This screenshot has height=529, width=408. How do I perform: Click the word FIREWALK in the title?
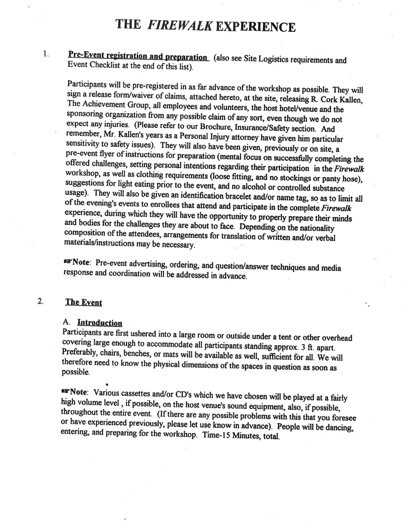pos(179,26)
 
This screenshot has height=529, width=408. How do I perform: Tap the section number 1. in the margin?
pos(47,53)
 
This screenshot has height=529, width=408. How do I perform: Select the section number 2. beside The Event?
pos(40,301)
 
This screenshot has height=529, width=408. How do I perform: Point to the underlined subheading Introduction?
pos(99,323)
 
